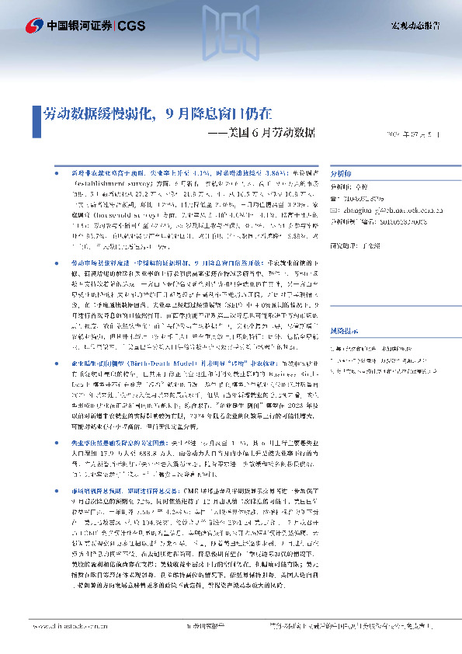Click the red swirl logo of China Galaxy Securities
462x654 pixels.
[36, 26]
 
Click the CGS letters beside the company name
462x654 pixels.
[130, 26]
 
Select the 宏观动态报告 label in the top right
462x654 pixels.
[414, 26]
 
